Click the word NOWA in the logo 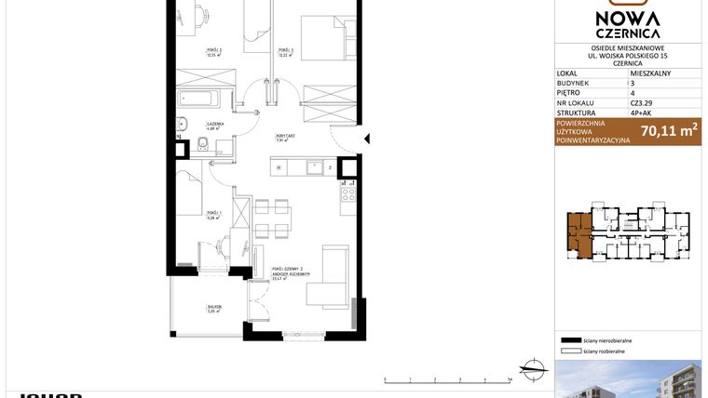pyautogui.click(x=628, y=20)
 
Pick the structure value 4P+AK pyautogui.click(x=643, y=113)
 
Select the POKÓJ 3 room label pyautogui.click(x=285, y=50)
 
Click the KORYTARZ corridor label pyautogui.click(x=285, y=137)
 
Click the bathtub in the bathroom pyautogui.click(x=198, y=99)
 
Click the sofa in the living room pyautogui.click(x=332, y=275)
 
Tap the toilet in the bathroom pyautogui.click(x=202, y=145)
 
